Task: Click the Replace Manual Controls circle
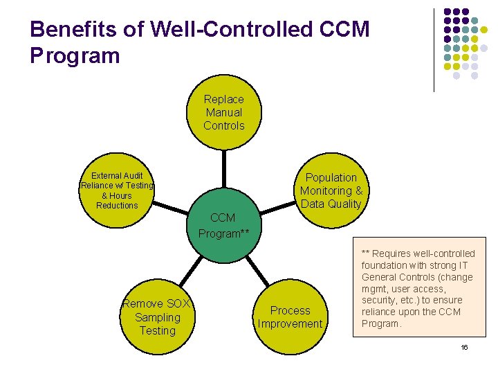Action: [223, 112]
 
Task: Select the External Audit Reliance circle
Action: [117, 190]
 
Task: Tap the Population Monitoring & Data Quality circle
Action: [331, 190]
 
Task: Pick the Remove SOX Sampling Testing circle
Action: [157, 317]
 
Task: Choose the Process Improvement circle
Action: [290, 317]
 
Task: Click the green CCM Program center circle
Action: [223, 226]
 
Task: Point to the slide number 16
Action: [464, 347]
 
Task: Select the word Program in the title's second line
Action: [75, 55]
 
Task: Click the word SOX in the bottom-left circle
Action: [178, 304]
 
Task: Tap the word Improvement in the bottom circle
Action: [290, 324]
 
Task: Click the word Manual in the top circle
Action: [223, 112]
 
